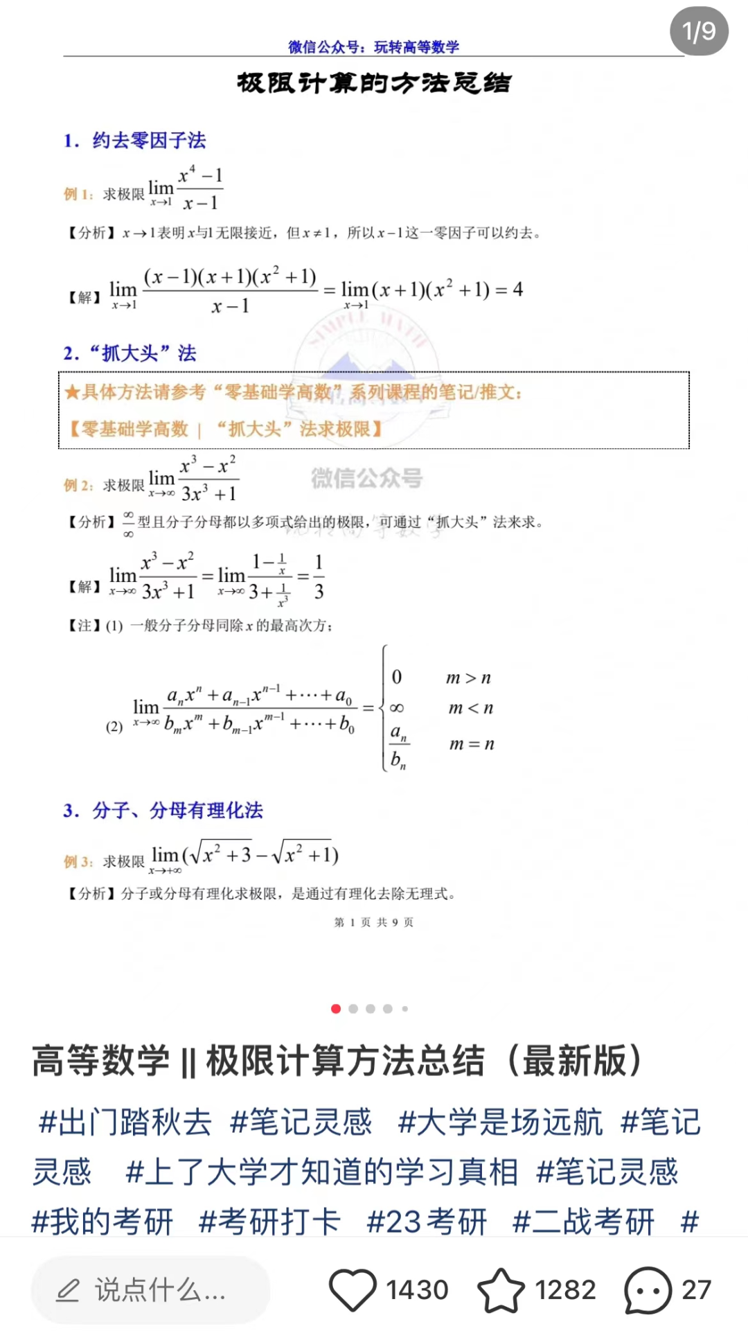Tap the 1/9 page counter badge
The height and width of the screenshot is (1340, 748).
[x=698, y=32]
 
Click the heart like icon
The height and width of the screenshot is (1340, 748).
[x=352, y=1289]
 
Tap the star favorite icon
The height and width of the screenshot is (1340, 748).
[x=501, y=1290]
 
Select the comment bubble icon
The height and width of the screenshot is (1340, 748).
[x=648, y=1290]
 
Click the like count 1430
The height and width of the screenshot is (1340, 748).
[x=417, y=1290]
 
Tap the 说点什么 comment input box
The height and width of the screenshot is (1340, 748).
[x=150, y=1290]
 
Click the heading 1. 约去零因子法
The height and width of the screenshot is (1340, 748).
[x=135, y=141]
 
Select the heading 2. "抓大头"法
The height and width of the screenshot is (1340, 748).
[x=130, y=353]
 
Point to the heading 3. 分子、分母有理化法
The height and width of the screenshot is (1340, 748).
[x=163, y=810]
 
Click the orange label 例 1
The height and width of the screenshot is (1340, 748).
[x=77, y=195]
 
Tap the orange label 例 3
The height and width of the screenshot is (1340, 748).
[x=77, y=861]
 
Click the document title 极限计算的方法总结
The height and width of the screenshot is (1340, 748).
[x=374, y=83]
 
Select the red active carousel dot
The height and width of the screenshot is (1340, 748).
[x=336, y=1009]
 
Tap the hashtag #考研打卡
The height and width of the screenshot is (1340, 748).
[x=269, y=1222]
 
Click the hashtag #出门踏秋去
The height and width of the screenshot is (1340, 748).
[x=125, y=1122]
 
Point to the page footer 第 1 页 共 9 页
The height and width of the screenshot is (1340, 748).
[x=374, y=922]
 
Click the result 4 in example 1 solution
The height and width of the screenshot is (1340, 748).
[x=517, y=289]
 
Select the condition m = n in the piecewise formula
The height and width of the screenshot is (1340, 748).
[x=472, y=744]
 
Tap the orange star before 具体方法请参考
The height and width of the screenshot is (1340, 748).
[x=71, y=392]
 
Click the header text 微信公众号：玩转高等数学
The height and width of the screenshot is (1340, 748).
[x=374, y=47]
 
